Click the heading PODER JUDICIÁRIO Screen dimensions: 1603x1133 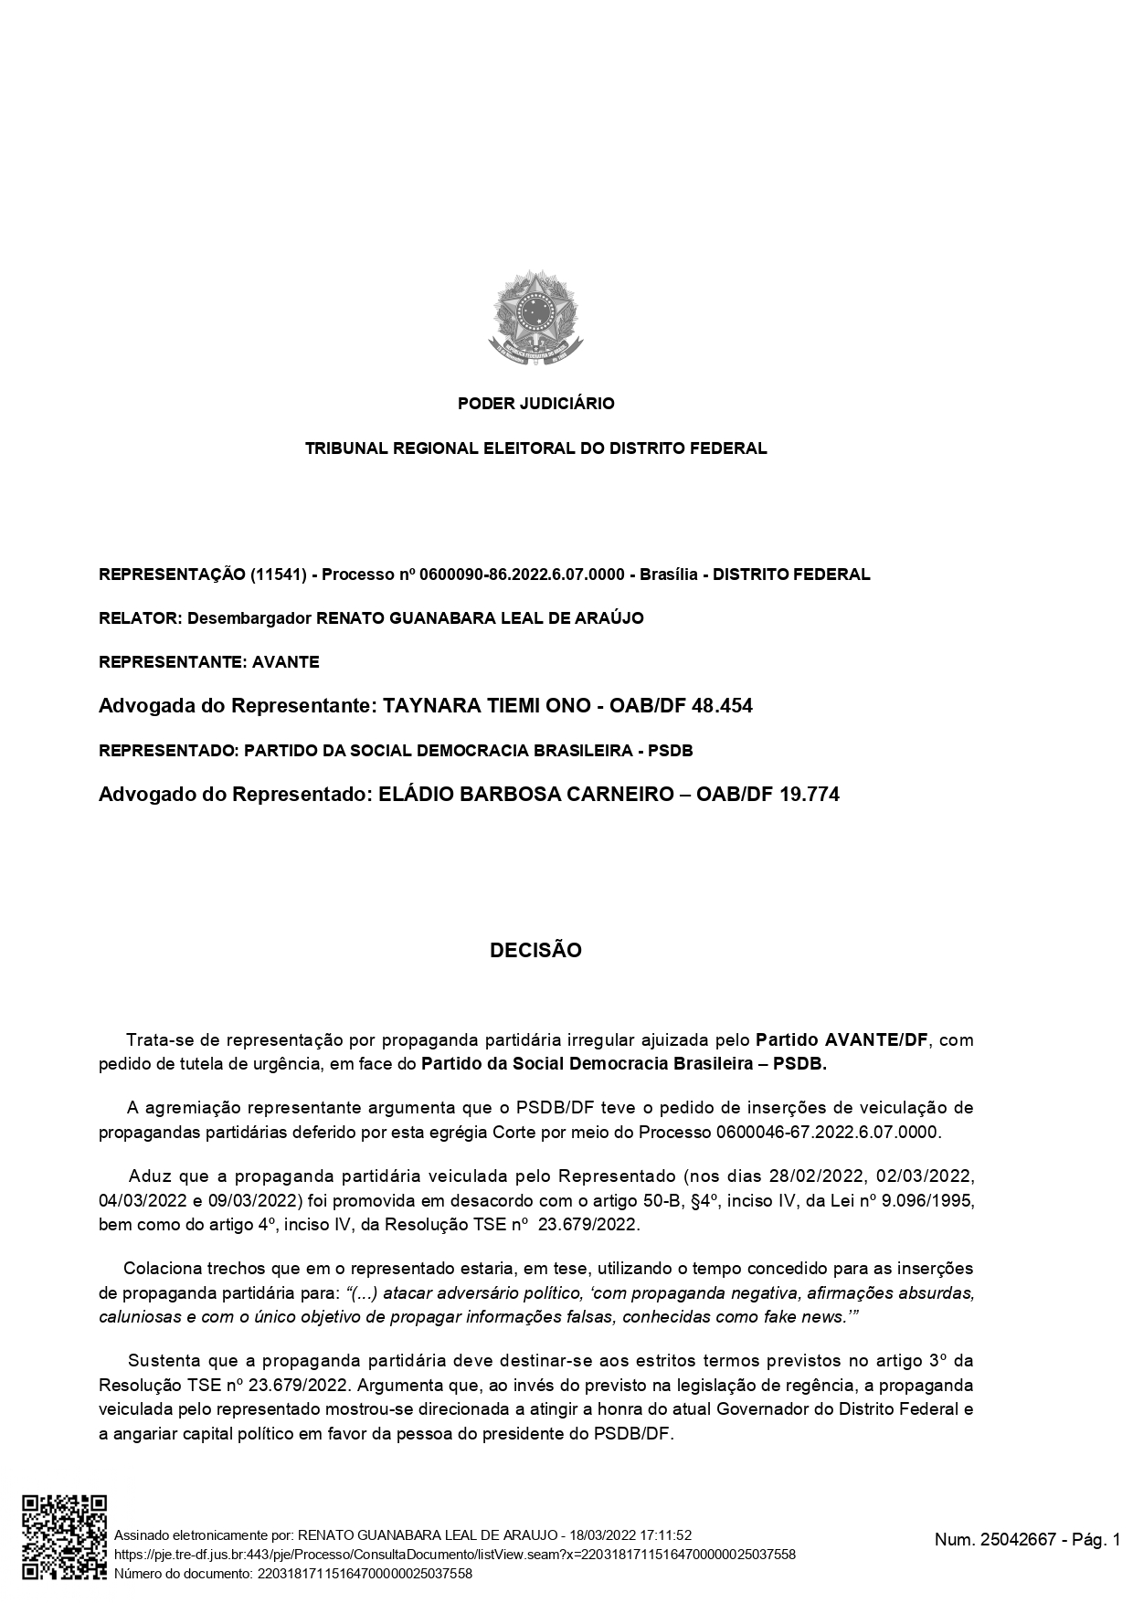tap(535, 404)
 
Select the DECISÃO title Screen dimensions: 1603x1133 tap(535, 950)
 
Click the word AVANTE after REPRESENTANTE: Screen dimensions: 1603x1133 tap(290, 662)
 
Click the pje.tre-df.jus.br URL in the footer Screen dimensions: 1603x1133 tap(454, 1554)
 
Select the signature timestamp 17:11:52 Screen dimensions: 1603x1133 tap(661, 1534)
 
